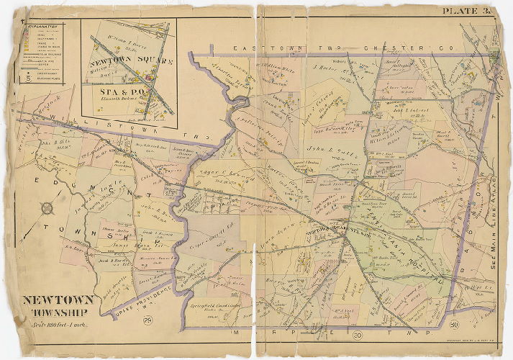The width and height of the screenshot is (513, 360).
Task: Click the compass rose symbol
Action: click(x=47, y=209)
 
